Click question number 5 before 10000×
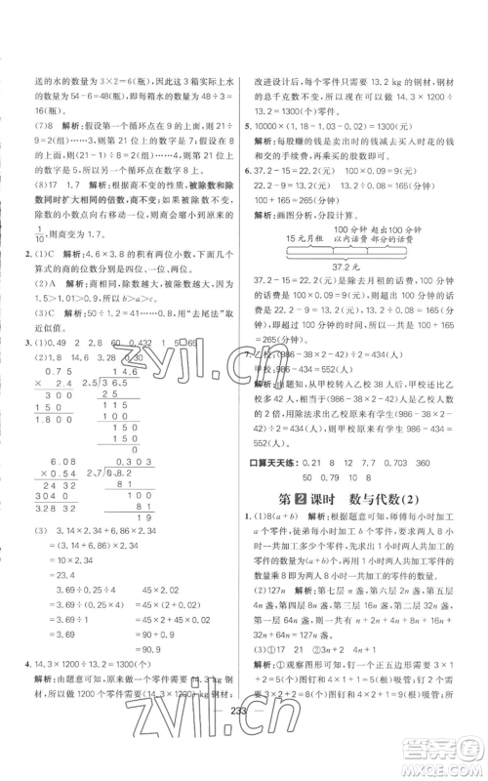point(252,126)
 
